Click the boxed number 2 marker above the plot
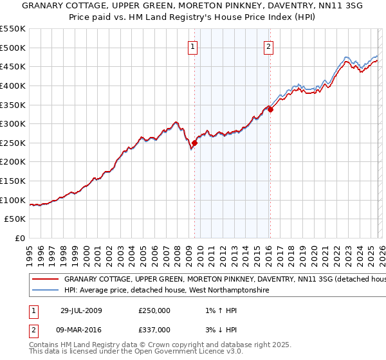[x=268, y=46]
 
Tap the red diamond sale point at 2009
[x=194, y=143]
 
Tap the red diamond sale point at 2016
[x=270, y=109]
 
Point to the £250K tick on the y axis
[x=14, y=143]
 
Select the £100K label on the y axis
[x=14, y=200]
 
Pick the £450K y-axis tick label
[x=14, y=66]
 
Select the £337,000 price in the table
[x=154, y=329]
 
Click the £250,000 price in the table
[x=154, y=310]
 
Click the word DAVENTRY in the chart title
[x=261, y=7]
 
